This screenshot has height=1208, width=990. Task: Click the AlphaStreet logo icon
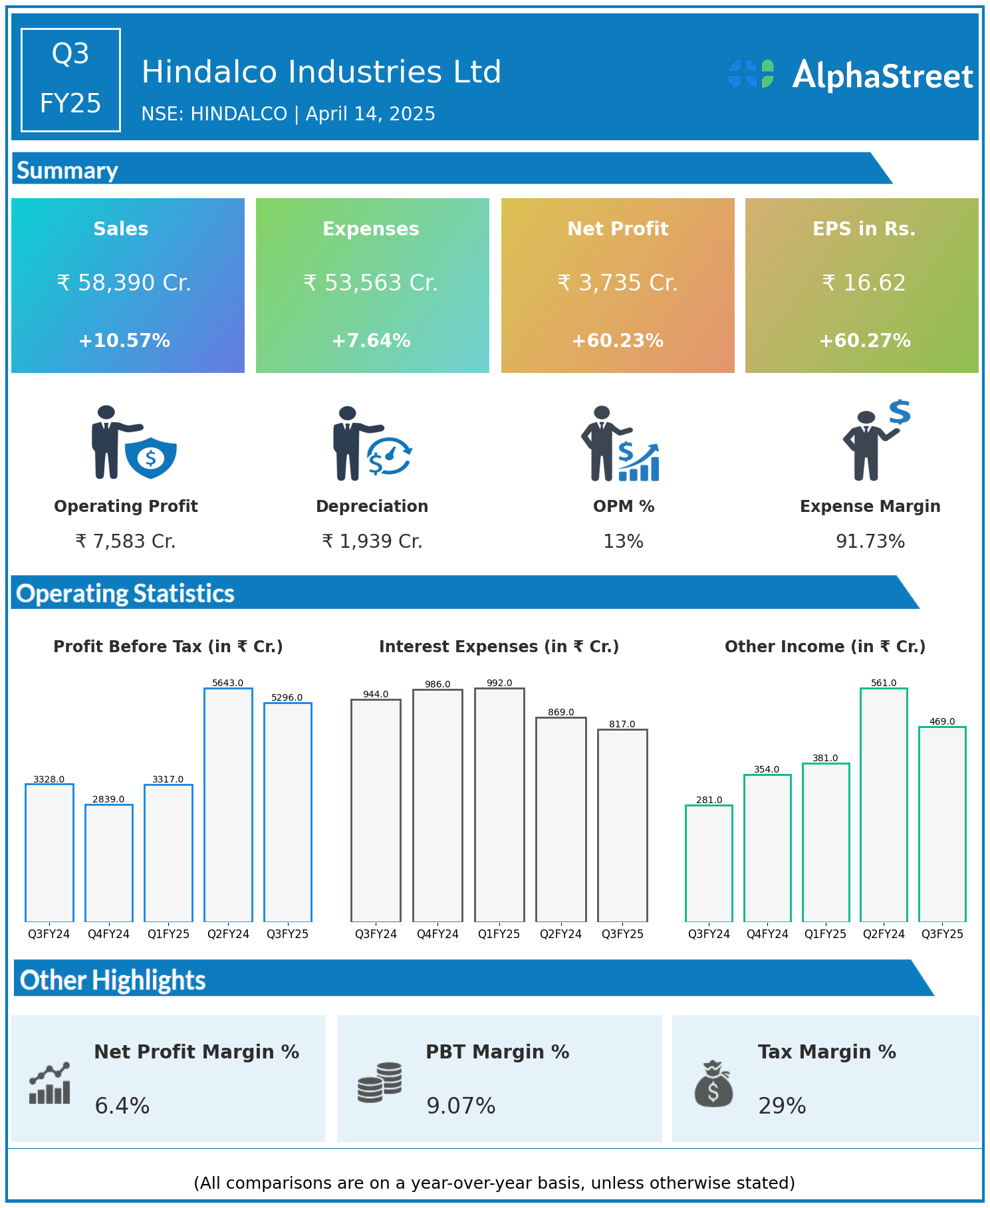pos(751,74)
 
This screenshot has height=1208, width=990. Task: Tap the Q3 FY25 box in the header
pos(70,80)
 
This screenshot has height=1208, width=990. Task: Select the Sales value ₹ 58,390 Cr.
pos(124,283)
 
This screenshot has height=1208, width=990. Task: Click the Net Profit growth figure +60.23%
pos(617,341)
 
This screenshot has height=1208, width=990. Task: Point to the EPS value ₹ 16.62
pos(864,283)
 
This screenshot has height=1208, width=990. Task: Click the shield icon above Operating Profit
pos(151,457)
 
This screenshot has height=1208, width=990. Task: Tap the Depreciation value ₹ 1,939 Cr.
pos(372,542)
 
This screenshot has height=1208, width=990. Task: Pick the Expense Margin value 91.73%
pos(870,542)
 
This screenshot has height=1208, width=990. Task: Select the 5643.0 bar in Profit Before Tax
pos(228,804)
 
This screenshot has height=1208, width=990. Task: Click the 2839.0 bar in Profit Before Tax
pos(109,862)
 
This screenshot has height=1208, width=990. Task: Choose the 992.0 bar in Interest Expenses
pos(499,804)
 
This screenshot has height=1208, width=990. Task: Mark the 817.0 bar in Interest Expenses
pos(622,825)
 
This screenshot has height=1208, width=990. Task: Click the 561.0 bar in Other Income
pos(884,804)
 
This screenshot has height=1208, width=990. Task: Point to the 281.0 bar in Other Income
pos(709,863)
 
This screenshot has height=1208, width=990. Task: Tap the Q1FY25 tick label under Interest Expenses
pos(499,934)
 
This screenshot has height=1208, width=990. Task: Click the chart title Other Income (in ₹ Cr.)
pos(825,647)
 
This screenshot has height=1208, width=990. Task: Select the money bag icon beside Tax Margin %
pos(713,1084)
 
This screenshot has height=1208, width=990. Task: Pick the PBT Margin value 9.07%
pos(461,1106)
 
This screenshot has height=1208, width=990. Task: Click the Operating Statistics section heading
pos(126,593)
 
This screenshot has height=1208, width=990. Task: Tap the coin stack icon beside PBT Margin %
pos(380,1082)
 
